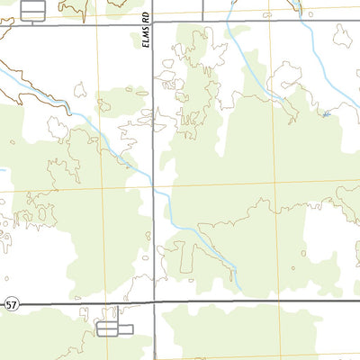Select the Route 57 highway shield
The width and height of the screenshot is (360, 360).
[11, 306]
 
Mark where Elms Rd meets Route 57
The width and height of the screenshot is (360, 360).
[155, 302]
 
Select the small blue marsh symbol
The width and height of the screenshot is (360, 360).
[326, 114]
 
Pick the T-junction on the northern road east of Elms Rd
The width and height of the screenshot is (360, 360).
[203, 22]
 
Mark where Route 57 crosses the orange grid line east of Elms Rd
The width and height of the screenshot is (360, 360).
[282, 301]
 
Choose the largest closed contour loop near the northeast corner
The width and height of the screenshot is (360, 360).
[342, 36]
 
